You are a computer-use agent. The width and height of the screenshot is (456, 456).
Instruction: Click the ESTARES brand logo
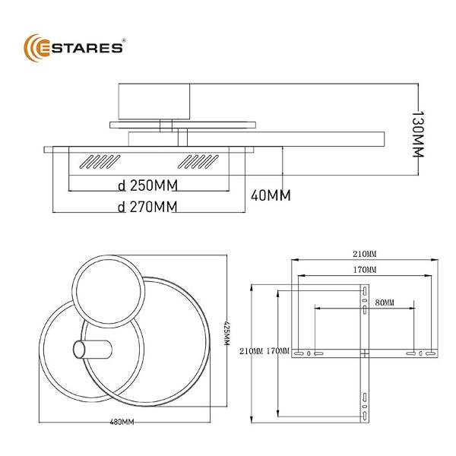pyautogui.click(x=74, y=48)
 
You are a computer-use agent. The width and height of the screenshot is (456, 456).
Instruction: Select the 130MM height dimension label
pyautogui.click(x=418, y=134)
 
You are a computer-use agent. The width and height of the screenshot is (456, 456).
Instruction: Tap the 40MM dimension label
pyautogui.click(x=271, y=195)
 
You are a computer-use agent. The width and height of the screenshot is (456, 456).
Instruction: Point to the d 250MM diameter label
pyautogui.click(x=147, y=185)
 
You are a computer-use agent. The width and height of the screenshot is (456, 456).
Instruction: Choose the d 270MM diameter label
pyautogui.click(x=147, y=207)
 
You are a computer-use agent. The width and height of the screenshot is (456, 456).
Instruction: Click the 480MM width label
pyautogui.click(x=122, y=422)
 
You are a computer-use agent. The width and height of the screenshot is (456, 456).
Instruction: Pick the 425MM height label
pyautogui.click(x=226, y=333)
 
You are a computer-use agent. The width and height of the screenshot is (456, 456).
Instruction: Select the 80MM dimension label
pyautogui.click(x=385, y=302)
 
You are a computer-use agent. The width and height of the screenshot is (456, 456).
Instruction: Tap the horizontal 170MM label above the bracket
pyautogui.click(x=365, y=270)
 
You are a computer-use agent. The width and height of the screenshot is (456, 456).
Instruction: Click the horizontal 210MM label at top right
pyautogui.click(x=365, y=254)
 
